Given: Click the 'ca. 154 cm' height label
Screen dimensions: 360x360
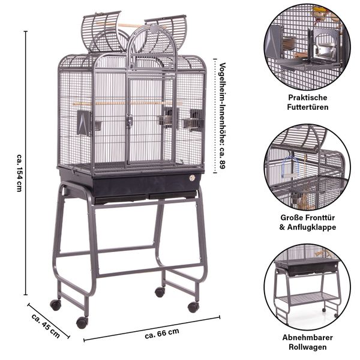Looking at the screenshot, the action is point(20,173).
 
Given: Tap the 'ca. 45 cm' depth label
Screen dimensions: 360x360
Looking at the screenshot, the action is point(46,326).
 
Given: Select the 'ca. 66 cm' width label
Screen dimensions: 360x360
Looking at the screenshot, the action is point(162,334).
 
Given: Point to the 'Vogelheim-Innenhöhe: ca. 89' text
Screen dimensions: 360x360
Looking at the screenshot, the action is point(223,116).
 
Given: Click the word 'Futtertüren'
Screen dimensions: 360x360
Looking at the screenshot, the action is point(308,107).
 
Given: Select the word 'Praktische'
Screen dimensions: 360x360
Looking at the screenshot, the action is point(308,98).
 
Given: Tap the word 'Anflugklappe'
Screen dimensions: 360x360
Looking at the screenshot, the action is point(311,227).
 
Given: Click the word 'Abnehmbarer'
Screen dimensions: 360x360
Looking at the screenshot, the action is point(308,337).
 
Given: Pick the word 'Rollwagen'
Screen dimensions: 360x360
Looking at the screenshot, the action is point(308,347).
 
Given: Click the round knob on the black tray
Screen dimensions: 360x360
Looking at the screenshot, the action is point(192,178).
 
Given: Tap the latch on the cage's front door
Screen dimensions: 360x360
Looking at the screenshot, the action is point(129,122).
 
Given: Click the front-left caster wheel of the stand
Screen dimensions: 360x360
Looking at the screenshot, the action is point(82,323).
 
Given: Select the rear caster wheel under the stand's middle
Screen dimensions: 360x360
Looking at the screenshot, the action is point(160,292).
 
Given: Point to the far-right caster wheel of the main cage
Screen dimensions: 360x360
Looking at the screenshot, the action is point(193,307).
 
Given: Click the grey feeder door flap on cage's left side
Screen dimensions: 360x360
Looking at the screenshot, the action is point(83,123).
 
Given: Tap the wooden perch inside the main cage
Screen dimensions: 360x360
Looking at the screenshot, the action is point(127,103).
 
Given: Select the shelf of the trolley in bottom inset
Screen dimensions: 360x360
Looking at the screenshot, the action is point(308,298).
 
